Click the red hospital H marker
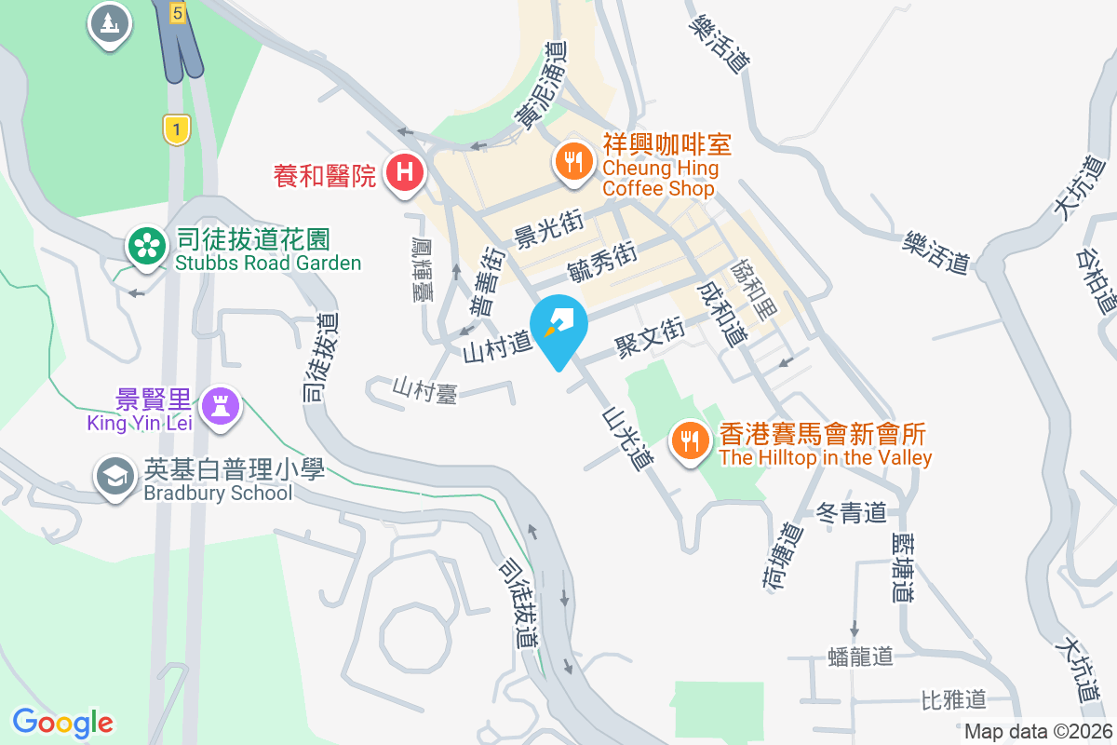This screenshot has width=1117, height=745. coord(405,172)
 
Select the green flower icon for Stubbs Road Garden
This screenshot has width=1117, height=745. coord(146,246)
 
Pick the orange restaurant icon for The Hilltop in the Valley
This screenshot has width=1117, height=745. coord(690,440)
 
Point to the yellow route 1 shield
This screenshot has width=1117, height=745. coord(176,129)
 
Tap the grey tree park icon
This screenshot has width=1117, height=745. coord(110,21)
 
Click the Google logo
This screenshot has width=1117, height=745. coord(62,723)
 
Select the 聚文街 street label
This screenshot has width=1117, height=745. coord(649,337)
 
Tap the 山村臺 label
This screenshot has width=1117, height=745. coord(424,389)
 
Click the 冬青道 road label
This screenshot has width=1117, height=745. coord(851,512)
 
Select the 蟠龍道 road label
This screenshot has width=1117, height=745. coord(859,657)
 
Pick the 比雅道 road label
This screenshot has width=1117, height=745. coord(952,698)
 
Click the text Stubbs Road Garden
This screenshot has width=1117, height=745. coord(268,263)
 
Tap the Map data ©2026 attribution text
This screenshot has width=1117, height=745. coord(1037,731)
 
